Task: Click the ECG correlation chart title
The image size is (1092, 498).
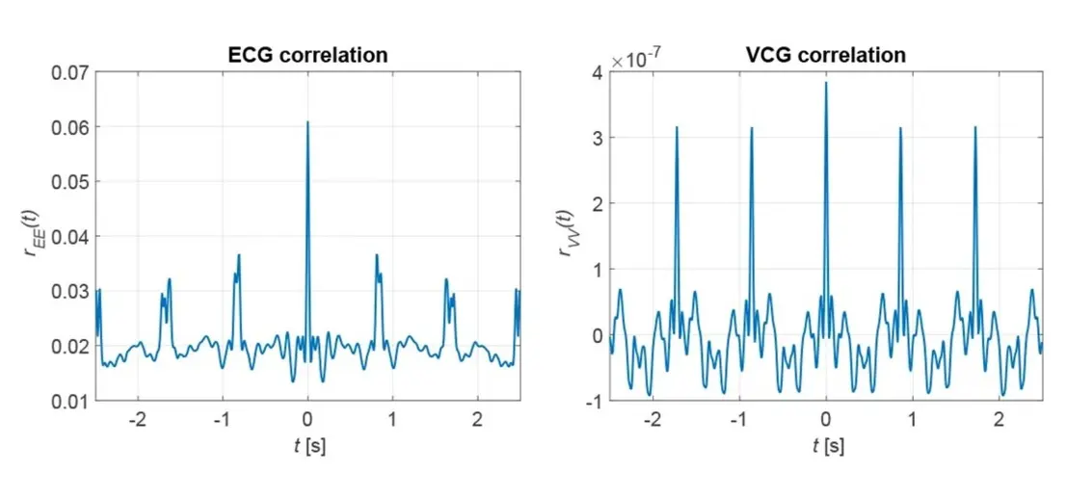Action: point(307,55)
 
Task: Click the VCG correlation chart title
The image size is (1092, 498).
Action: point(826,55)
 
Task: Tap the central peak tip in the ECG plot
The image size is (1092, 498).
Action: point(307,122)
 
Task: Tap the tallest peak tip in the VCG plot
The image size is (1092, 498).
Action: point(826,83)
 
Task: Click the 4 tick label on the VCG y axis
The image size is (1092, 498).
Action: point(597,72)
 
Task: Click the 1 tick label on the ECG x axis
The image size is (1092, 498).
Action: point(392,420)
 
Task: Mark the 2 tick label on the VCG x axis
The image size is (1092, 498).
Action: point(999,420)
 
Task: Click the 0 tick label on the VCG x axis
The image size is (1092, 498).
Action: point(826,420)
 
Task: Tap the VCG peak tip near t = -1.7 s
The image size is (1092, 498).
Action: point(677,127)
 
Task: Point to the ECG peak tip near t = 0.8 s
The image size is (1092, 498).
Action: point(377,255)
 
